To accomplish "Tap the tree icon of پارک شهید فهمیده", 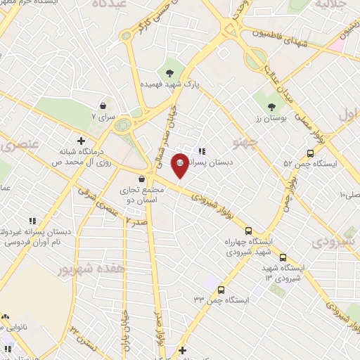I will coord(169,72).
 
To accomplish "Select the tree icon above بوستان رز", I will coord(271,106).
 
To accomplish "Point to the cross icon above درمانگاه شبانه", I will coord(82,141).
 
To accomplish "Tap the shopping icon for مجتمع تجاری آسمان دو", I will coord(143,179).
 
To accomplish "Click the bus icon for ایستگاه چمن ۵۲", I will coord(310,153).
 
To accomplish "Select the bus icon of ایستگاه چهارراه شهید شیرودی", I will coord(248,230).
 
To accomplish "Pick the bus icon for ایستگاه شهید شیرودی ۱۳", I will coord(283,257).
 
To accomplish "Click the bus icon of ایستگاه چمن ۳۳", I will coord(221,290).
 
